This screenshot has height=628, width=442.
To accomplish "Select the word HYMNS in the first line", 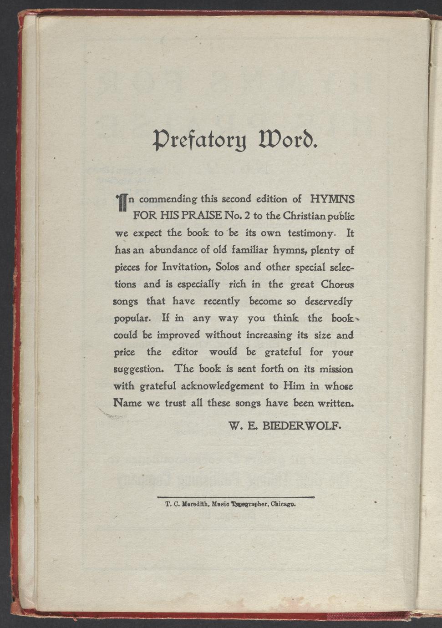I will pyautogui.click(x=332, y=199).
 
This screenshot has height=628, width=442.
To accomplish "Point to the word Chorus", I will pyautogui.click(x=337, y=284).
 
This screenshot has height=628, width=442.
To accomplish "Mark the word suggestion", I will pyautogui.click(x=136, y=369).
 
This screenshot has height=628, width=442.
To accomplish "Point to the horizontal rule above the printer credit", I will pyautogui.click(x=236, y=497).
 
